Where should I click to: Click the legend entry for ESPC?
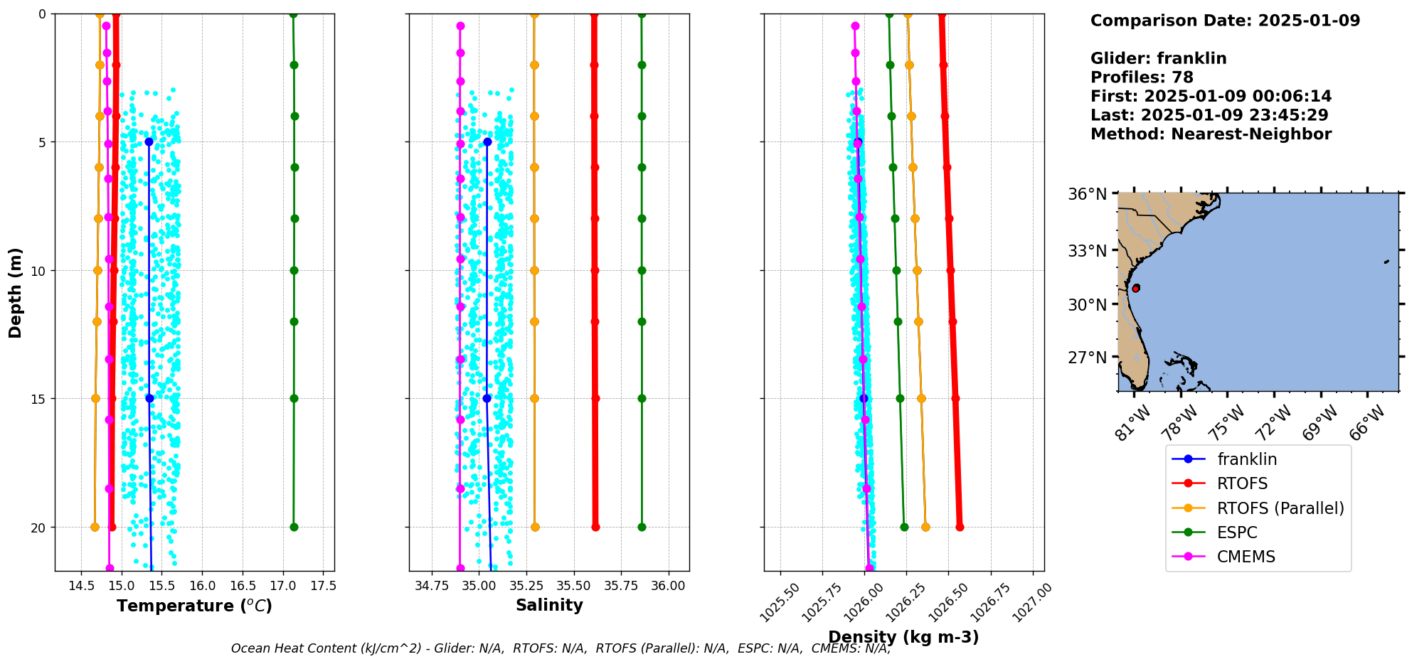point(1236,532)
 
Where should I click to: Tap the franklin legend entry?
point(1246,459)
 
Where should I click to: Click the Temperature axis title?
point(194,606)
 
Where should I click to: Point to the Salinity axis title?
point(549,606)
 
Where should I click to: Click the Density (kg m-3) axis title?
point(903,637)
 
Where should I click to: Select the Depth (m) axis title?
point(16,292)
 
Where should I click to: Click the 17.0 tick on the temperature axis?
point(283,586)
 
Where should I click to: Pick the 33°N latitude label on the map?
point(1087,251)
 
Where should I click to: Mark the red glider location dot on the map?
point(1136,288)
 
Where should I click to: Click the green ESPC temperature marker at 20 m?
point(294,527)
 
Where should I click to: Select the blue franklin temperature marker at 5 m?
point(149,142)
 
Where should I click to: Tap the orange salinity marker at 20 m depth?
point(535,527)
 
